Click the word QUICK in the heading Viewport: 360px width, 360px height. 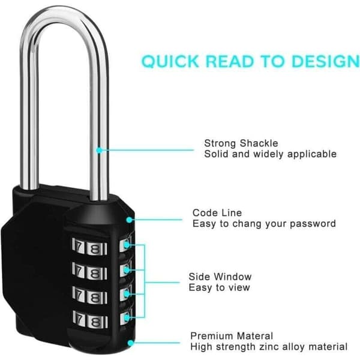pos(170,61)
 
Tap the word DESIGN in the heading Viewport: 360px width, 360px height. pos(325,61)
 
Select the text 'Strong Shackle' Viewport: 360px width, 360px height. pos(241,143)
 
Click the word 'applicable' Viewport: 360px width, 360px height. pos(312,154)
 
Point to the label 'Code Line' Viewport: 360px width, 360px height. pos(217,213)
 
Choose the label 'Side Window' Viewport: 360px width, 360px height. pos(220,277)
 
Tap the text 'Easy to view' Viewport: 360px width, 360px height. pos(219,287)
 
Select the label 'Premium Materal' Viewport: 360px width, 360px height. pos(232,336)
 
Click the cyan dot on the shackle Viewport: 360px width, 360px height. pos(99,150)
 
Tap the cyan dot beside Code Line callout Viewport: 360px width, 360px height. pos(130,220)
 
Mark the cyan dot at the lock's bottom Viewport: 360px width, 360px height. pos(131,343)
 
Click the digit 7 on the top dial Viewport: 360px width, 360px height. pos(79,247)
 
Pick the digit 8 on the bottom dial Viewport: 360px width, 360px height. pos(95,322)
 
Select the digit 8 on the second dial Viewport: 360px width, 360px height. pos(95,273)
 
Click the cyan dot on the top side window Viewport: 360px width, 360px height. pos(127,245)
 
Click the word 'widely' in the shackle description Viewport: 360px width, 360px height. pos(268,154)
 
